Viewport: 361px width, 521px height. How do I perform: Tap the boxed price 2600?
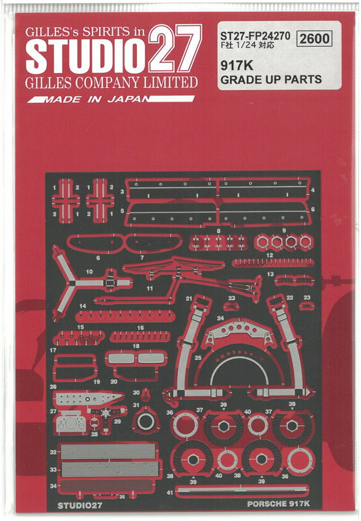tap(314, 38)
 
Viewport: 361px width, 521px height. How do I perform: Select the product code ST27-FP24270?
tap(255, 36)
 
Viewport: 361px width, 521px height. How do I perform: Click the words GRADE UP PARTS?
tap(271, 79)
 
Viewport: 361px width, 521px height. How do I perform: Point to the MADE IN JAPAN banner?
tap(111, 99)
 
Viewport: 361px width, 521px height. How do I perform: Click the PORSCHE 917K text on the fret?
tap(278, 503)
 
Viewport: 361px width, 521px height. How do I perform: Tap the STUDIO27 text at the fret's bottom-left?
tap(79, 505)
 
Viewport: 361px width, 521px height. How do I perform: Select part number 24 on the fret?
tap(220, 318)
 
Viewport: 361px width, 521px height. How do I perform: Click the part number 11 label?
tap(150, 288)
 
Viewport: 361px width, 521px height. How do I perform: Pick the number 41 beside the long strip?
tap(169, 492)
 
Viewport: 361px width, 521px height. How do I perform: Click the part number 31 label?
tap(136, 405)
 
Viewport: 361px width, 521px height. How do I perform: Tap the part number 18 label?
tap(136, 346)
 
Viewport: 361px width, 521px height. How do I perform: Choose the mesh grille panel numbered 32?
tap(108, 451)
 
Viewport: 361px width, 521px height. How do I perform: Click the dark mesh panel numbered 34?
tap(108, 485)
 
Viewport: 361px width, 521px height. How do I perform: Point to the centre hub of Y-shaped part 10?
tap(72, 283)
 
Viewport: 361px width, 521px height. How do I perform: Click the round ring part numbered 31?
tap(145, 421)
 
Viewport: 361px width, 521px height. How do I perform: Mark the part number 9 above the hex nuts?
tap(284, 230)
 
